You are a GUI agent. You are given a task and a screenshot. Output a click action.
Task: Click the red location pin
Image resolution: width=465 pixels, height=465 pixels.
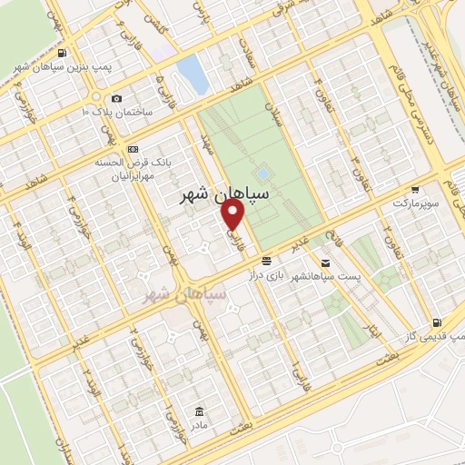232,213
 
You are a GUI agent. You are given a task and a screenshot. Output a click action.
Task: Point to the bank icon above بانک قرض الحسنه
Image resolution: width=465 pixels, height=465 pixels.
134,149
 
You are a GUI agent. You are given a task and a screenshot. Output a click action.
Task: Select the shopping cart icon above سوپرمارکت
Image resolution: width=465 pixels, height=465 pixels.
414,190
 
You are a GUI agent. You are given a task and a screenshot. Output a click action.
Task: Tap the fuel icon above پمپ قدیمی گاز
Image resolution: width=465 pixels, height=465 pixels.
438,322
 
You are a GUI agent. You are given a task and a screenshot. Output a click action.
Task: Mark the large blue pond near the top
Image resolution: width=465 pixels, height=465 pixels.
193,74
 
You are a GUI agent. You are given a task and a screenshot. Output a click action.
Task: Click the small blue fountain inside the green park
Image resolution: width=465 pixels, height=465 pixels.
262,173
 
